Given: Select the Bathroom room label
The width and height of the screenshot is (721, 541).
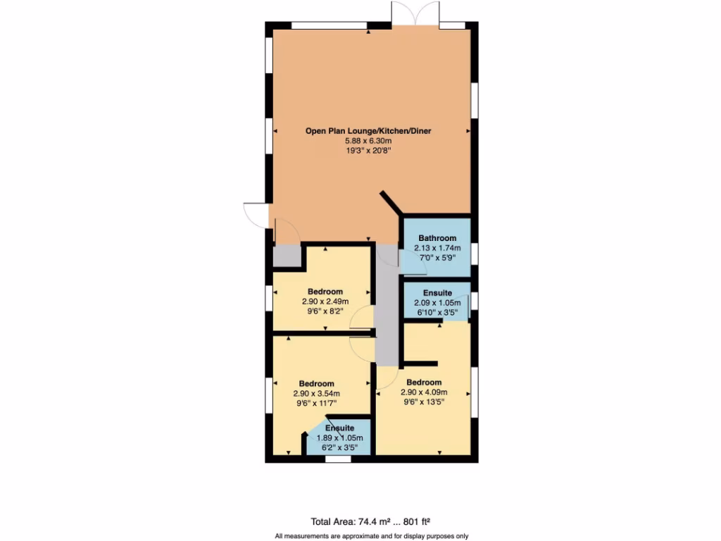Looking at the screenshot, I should pyautogui.click(x=437, y=238).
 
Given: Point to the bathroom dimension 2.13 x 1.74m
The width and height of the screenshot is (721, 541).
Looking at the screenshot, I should pyautogui.click(x=437, y=248).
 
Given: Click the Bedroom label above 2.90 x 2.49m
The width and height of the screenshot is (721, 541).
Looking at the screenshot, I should pyautogui.click(x=325, y=292).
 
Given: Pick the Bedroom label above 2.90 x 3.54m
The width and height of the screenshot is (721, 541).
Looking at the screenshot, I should pyautogui.click(x=316, y=384).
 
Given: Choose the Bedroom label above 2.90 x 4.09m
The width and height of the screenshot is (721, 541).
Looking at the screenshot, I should pyautogui.click(x=424, y=383).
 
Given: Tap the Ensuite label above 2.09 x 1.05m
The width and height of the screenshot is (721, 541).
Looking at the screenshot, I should pyautogui.click(x=437, y=293).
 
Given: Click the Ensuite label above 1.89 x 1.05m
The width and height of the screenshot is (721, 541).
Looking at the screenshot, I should pyautogui.click(x=339, y=428).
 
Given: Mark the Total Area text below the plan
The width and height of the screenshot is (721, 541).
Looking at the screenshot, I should pyautogui.click(x=370, y=522).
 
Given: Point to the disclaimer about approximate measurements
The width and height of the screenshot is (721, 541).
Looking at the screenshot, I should pyautogui.click(x=370, y=535).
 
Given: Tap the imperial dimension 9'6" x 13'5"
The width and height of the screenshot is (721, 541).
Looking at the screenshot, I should pyautogui.click(x=424, y=402).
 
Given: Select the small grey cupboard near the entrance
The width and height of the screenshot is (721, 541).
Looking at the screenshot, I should pyautogui.click(x=286, y=255).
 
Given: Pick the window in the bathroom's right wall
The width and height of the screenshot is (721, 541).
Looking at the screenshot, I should pyautogui.click(x=475, y=252).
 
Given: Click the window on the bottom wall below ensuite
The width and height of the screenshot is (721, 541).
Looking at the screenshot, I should pyautogui.click(x=338, y=459).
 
